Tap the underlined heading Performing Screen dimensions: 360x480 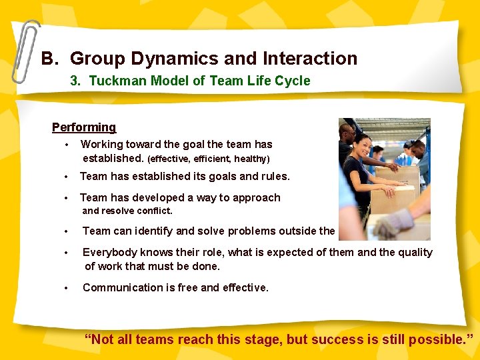84,127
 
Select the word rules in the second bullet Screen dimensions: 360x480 273,177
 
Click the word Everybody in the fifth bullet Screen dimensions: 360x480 109,253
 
